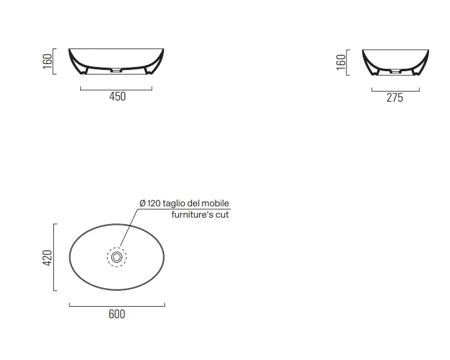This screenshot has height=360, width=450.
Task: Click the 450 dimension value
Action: [117, 96]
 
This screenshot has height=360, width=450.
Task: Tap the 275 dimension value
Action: [394, 98]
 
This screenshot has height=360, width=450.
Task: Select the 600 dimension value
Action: [117, 314]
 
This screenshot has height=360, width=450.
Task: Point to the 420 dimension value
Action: [47, 258]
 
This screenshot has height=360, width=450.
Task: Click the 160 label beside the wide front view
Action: [47, 61]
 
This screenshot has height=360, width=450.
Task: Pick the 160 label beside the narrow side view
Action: [341, 62]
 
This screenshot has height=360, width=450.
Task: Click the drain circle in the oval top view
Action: [117, 257]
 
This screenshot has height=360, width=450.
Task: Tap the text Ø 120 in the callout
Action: [150, 203]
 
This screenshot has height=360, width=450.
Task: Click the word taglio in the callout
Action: [174, 204]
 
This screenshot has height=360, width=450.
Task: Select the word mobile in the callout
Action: [215, 203]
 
